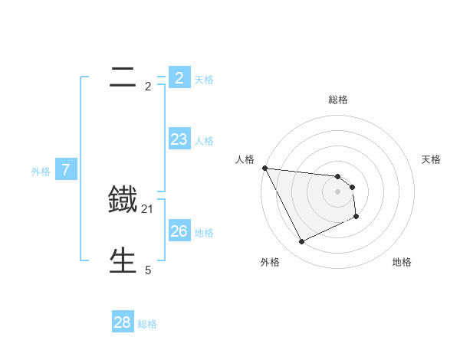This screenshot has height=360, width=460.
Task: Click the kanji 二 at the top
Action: [123, 77]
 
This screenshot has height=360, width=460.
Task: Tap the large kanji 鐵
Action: [123, 200]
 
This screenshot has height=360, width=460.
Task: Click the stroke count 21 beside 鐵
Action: [148, 208]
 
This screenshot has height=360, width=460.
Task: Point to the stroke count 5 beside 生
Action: [148, 270]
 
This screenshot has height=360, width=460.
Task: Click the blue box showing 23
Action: [179, 139]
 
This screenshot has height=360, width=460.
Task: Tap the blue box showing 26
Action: [179, 231]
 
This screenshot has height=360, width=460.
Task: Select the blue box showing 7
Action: [66, 170]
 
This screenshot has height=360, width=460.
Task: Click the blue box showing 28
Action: [123, 322]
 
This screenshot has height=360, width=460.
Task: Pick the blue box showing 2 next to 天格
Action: [179, 77]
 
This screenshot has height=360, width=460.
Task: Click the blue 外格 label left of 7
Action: [41, 172]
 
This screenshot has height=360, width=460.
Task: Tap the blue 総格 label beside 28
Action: [147, 324]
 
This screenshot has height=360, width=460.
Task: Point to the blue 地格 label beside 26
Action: [204, 233]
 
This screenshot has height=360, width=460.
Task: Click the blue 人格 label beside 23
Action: [204, 141]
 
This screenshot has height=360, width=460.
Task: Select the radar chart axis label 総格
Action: [338, 100]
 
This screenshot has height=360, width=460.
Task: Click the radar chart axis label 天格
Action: [432, 159]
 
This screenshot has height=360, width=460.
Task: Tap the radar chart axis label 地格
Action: [402, 262]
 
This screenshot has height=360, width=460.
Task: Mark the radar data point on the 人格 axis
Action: [264, 168]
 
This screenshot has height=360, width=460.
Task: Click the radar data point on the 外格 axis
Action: [301, 242]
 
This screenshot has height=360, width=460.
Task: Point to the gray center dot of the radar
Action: [338, 191]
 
